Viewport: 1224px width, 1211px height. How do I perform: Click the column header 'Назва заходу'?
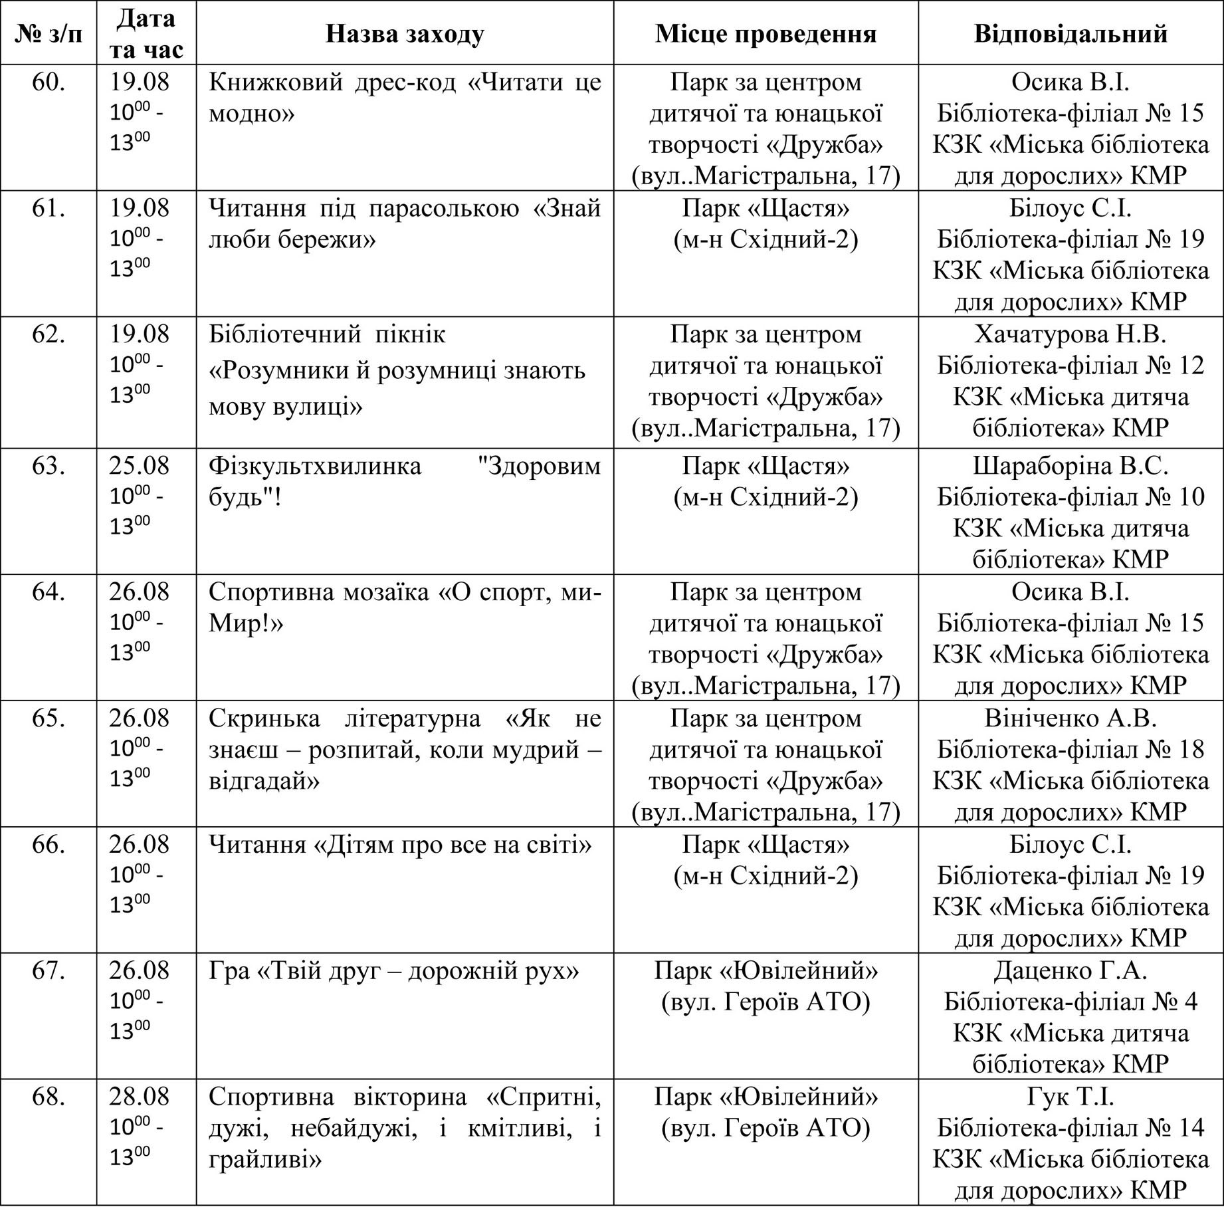405,34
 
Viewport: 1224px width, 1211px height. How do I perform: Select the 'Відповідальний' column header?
1071,34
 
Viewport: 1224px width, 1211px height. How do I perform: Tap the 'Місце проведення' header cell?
765,34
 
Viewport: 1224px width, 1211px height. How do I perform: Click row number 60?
49,82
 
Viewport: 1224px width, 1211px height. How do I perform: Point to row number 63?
49,466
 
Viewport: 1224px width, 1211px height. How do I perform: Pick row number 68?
49,1097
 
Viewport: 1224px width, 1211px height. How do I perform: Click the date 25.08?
140,466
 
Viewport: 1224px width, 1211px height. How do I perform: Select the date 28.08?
140,1097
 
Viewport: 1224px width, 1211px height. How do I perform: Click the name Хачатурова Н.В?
1071,334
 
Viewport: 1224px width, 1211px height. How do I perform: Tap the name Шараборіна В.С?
1071,466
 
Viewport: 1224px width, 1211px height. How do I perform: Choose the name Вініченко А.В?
1071,718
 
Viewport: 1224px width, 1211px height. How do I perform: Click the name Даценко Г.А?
1071,971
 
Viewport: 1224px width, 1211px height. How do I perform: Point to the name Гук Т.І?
1071,1097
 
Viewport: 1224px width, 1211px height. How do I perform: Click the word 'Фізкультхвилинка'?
315,466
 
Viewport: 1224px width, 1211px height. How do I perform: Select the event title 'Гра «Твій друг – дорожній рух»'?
394,971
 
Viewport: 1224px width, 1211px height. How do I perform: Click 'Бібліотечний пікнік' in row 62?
327,334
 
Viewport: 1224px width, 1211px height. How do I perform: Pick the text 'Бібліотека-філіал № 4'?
1071,1002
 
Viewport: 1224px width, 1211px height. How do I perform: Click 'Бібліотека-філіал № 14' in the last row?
1071,1128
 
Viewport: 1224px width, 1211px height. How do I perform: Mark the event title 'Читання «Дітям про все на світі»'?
400,845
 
